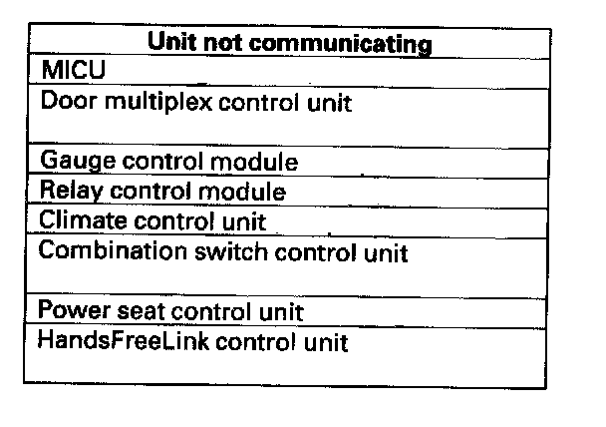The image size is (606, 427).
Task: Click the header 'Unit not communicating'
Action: (289, 44)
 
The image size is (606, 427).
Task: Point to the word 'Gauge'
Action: (70, 162)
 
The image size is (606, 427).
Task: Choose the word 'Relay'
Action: (68, 191)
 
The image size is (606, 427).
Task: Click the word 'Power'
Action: (69, 311)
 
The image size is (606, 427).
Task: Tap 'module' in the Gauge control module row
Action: (260, 162)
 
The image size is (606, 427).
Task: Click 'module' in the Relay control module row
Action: (249, 191)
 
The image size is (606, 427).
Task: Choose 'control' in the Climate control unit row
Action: (158, 219)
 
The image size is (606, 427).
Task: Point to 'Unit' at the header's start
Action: (173, 44)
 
